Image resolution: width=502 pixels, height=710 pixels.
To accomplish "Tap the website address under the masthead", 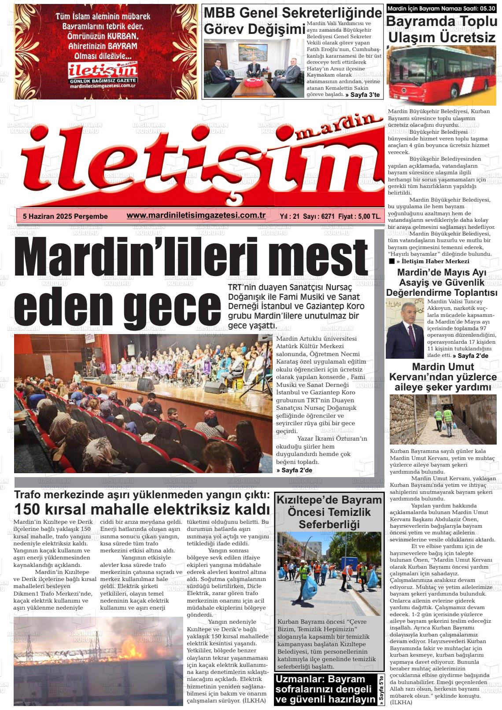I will (x=196, y=215).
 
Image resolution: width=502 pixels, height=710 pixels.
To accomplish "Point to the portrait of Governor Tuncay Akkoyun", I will (x=405, y=328).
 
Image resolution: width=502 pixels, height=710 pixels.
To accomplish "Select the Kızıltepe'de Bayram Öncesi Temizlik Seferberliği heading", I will (x=329, y=512).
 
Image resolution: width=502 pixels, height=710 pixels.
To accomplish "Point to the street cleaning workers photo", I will (x=329, y=573).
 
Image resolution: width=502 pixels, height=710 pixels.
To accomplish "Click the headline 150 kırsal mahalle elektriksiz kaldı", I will (x=142, y=509).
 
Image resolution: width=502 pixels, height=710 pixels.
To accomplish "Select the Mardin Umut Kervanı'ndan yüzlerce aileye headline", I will (x=443, y=377).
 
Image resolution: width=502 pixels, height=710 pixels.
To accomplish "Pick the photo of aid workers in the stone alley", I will (x=443, y=419).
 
